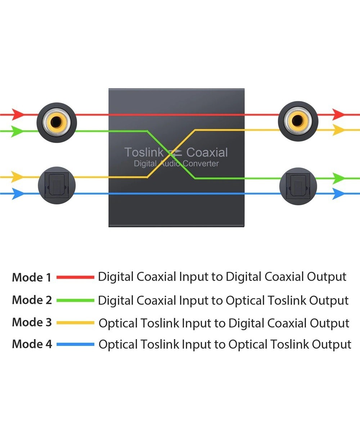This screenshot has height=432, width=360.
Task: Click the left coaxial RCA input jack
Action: tap(57, 123)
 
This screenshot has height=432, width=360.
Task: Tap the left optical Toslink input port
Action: tap(57, 185)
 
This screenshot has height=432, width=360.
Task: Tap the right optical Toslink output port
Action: tap(298, 185)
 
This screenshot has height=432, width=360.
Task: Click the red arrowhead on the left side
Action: tap(17, 114)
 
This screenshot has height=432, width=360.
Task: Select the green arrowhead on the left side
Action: tap(17, 131)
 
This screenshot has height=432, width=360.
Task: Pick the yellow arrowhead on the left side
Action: tap(17, 177)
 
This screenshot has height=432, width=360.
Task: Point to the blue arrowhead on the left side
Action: tap(17, 194)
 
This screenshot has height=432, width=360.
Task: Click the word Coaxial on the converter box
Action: tap(207, 152)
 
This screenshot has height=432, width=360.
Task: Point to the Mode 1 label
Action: tap(32, 278)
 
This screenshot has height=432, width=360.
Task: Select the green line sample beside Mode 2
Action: tap(76, 300)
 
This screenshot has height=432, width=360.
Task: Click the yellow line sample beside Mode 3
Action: tap(76, 322)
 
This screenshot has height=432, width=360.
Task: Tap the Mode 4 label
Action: tap(32, 344)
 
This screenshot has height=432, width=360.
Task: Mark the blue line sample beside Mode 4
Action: tap(76, 345)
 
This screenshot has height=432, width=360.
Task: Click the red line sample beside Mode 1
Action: tap(76, 277)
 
